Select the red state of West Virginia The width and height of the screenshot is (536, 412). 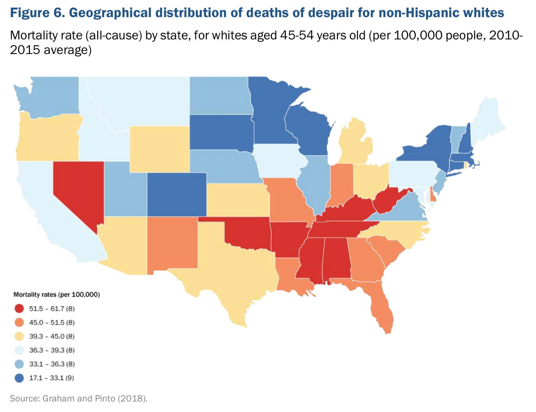386,200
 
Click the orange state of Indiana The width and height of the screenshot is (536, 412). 341,184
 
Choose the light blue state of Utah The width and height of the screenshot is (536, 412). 125,191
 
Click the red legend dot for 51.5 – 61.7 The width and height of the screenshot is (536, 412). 19,309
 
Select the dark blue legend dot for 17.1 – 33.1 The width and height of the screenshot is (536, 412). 19,378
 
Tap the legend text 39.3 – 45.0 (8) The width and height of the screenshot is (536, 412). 52,336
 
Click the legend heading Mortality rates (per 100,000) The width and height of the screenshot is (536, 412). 57,295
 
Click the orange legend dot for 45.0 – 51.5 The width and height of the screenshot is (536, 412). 19,323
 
